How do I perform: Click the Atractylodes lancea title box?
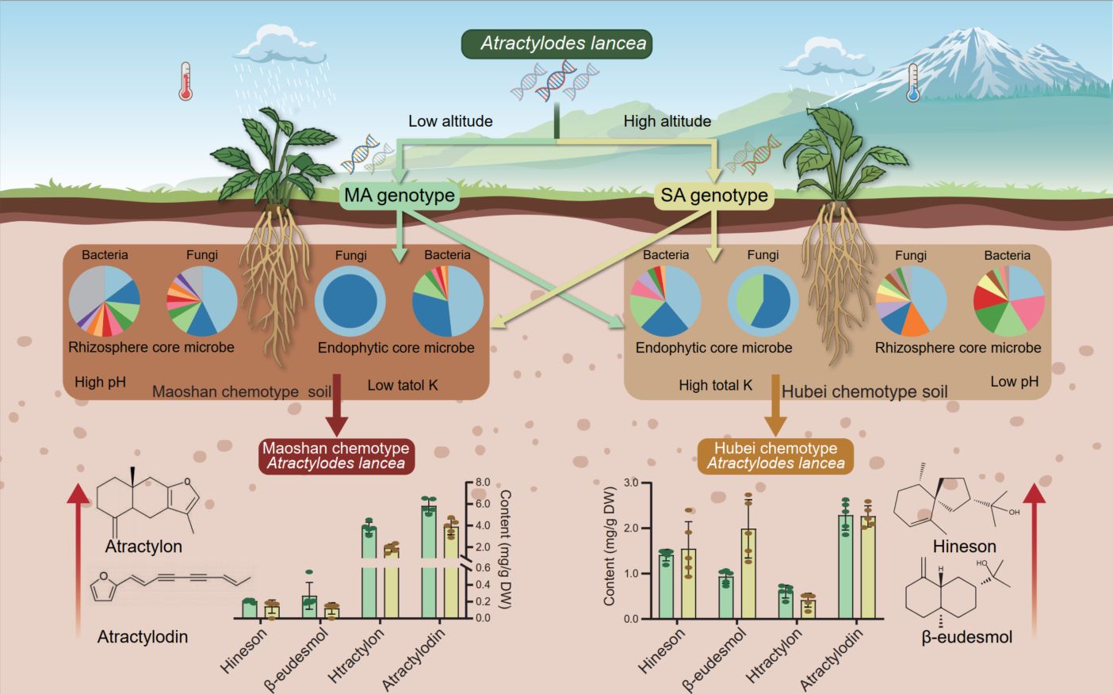coord(556,44)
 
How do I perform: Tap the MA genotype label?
coord(400,195)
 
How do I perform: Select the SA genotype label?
coord(714,195)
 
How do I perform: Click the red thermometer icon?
coord(185,82)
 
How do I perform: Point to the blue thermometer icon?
coord(912,83)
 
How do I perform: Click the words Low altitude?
coord(450,121)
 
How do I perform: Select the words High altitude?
coord(667,121)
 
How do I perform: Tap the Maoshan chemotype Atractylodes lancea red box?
coord(336,456)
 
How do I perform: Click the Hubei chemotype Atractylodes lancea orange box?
coord(775,456)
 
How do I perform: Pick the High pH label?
coord(100,382)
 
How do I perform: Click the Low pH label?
coord(1014,381)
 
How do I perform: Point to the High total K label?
coord(715,385)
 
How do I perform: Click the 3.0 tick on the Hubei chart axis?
coord(631,482)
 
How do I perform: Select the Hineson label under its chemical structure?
coord(964,546)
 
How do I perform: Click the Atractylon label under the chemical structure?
coord(143,546)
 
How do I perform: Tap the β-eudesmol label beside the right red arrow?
coord(966,636)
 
